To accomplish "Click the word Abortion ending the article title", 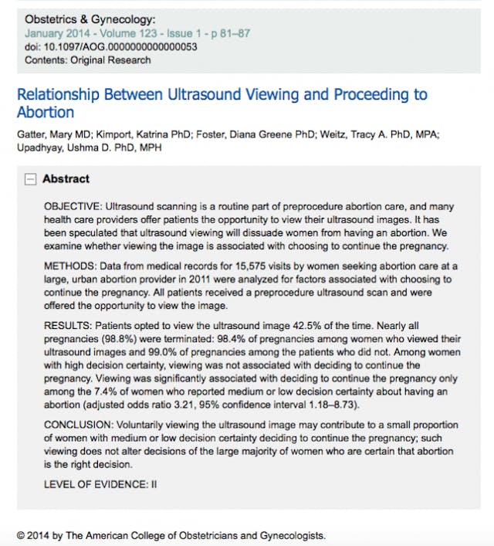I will tap(46, 113).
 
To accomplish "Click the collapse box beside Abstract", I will tap(30, 179).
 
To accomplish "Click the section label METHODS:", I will tap(69, 266).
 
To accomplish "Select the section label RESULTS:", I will tap(68, 324).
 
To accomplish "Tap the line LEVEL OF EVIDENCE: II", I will tap(100, 483).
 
